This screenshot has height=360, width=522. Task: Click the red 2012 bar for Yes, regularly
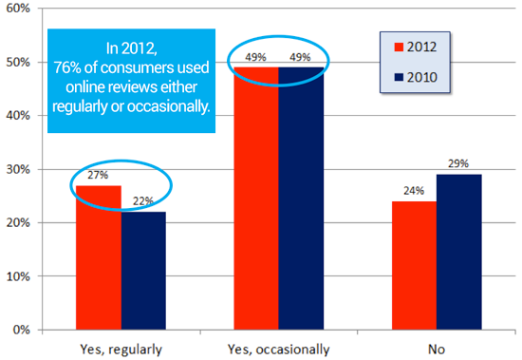tap(99, 257)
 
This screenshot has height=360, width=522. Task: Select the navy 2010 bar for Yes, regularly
tap(143, 271)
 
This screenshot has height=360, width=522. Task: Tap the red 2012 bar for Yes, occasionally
tap(256, 199)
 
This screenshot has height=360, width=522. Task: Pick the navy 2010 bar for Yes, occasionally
tap(301, 199)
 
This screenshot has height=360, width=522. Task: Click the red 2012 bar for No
tap(414, 266)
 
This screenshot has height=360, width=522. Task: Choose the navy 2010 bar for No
tap(459, 252)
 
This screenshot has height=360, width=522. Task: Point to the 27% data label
tap(98, 175)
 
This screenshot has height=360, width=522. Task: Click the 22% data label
tap(143, 201)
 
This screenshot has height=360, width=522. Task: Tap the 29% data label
tap(458, 163)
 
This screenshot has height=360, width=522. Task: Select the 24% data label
tap(414, 191)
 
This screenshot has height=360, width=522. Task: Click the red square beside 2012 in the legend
tap(399, 47)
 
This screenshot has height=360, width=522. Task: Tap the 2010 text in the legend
tap(421, 77)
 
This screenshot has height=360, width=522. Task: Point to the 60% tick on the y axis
tap(18, 9)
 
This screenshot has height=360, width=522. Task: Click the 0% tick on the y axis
tap(22, 330)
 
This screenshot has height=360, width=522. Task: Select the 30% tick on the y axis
tap(18, 169)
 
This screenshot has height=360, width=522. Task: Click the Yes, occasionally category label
tap(279, 350)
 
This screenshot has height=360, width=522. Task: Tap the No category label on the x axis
tap(437, 350)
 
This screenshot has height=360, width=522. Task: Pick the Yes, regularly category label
tap(121, 350)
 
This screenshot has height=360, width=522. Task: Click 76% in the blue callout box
tap(67, 67)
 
